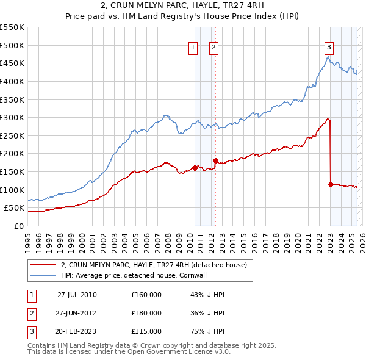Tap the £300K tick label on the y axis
click(x=12, y=117)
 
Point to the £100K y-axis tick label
click(x=12, y=190)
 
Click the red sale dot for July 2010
click(x=195, y=168)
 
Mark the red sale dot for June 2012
click(x=215, y=160)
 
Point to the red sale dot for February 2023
click(x=331, y=184)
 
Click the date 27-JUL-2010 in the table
click(x=77, y=295)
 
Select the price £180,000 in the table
click(x=146, y=313)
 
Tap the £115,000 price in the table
click(x=146, y=331)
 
